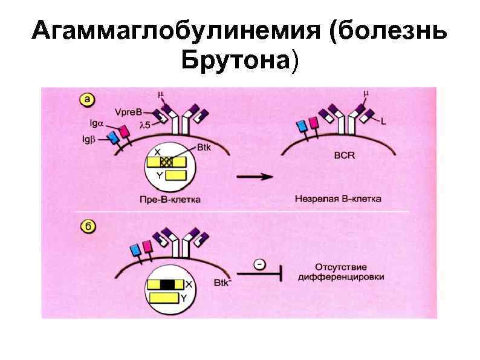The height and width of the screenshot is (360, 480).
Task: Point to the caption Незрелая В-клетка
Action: point(339,199)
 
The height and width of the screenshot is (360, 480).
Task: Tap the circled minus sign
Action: point(259,264)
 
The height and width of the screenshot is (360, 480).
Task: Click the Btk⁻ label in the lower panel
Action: point(222,282)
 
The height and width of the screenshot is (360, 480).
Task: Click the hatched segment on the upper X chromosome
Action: point(167,162)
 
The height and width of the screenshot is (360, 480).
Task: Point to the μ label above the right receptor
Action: point(365,94)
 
